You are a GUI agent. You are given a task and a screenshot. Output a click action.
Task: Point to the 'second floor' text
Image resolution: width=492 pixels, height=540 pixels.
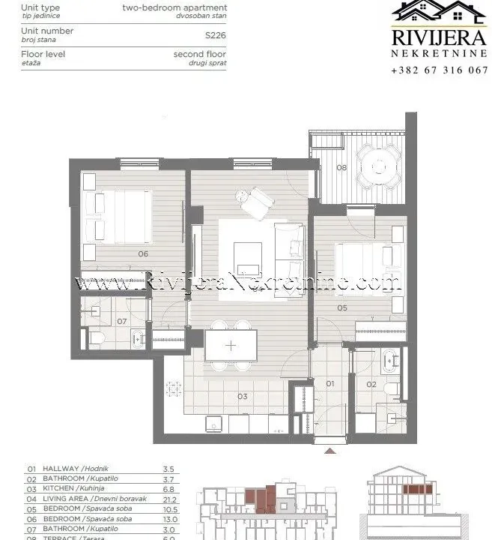tap(200, 54)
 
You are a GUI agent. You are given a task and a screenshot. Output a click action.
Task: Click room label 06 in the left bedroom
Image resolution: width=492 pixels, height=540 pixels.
tap(142, 253)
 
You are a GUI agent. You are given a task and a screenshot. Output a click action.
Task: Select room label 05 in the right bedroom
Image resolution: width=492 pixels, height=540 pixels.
tap(342, 307)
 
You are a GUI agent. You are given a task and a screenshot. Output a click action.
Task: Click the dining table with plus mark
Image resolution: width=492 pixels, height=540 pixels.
tap(231, 346)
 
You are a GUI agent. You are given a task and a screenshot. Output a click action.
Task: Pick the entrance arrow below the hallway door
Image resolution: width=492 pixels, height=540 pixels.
tap(330, 451)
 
